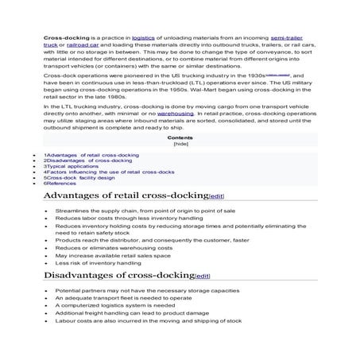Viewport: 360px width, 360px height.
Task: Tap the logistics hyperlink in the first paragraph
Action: pos(143,37)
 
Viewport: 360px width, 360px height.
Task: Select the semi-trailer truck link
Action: pos(288,37)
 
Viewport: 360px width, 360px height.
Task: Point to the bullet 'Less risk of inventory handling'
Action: pos(99,264)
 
